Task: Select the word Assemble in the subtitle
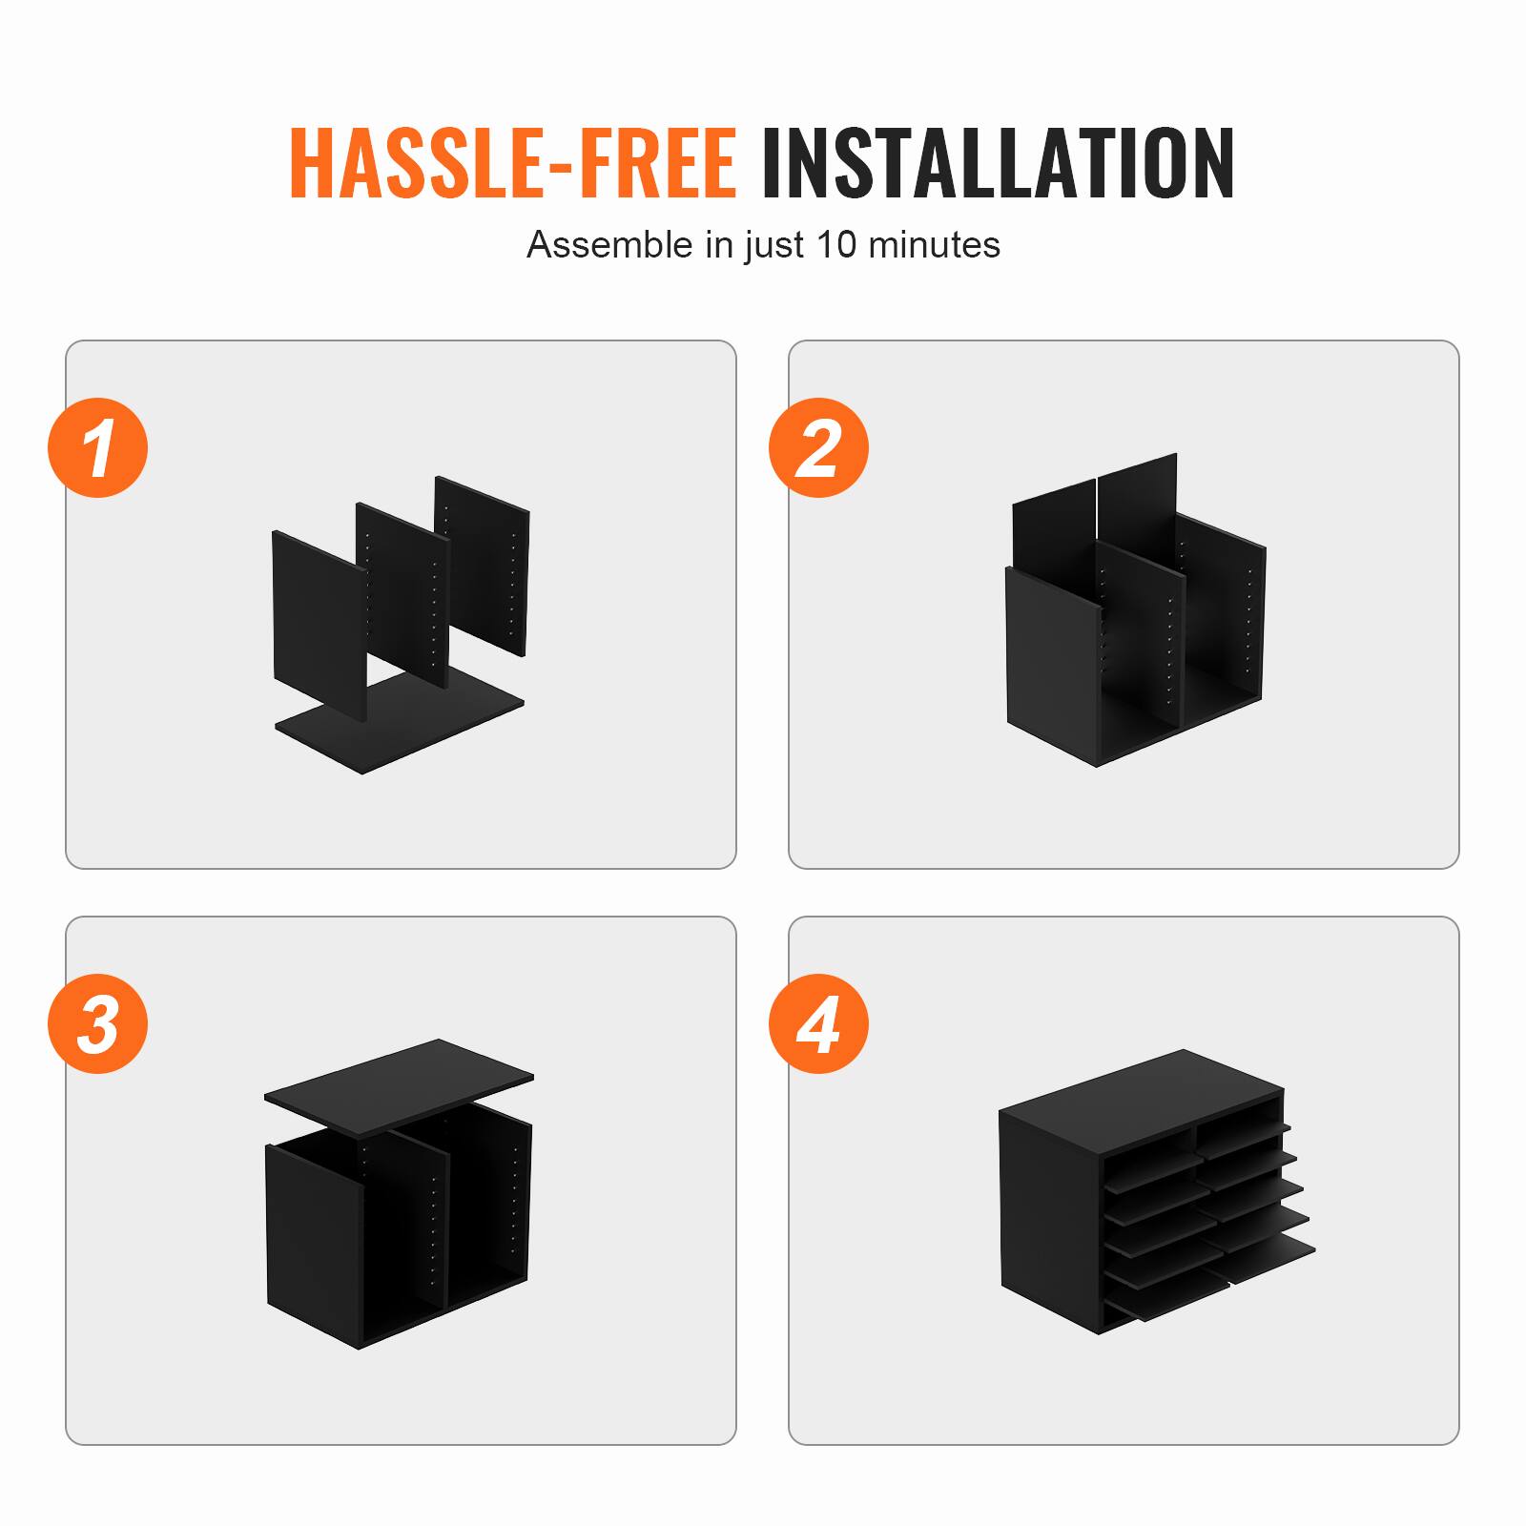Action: tap(609, 245)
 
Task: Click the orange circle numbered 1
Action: tap(98, 447)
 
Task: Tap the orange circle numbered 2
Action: tap(818, 447)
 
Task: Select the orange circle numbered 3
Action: tap(98, 1023)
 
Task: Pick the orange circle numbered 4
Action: tap(818, 1023)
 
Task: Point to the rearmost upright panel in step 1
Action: tap(483, 563)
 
